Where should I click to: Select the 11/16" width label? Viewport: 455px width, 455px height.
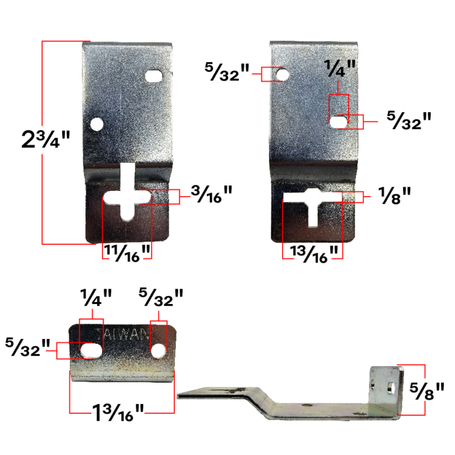click(127, 252)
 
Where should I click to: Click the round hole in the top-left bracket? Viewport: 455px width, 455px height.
click(95, 124)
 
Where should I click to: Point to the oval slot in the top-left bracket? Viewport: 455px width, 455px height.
click(155, 76)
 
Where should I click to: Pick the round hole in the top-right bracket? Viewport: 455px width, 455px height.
click(282, 75)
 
